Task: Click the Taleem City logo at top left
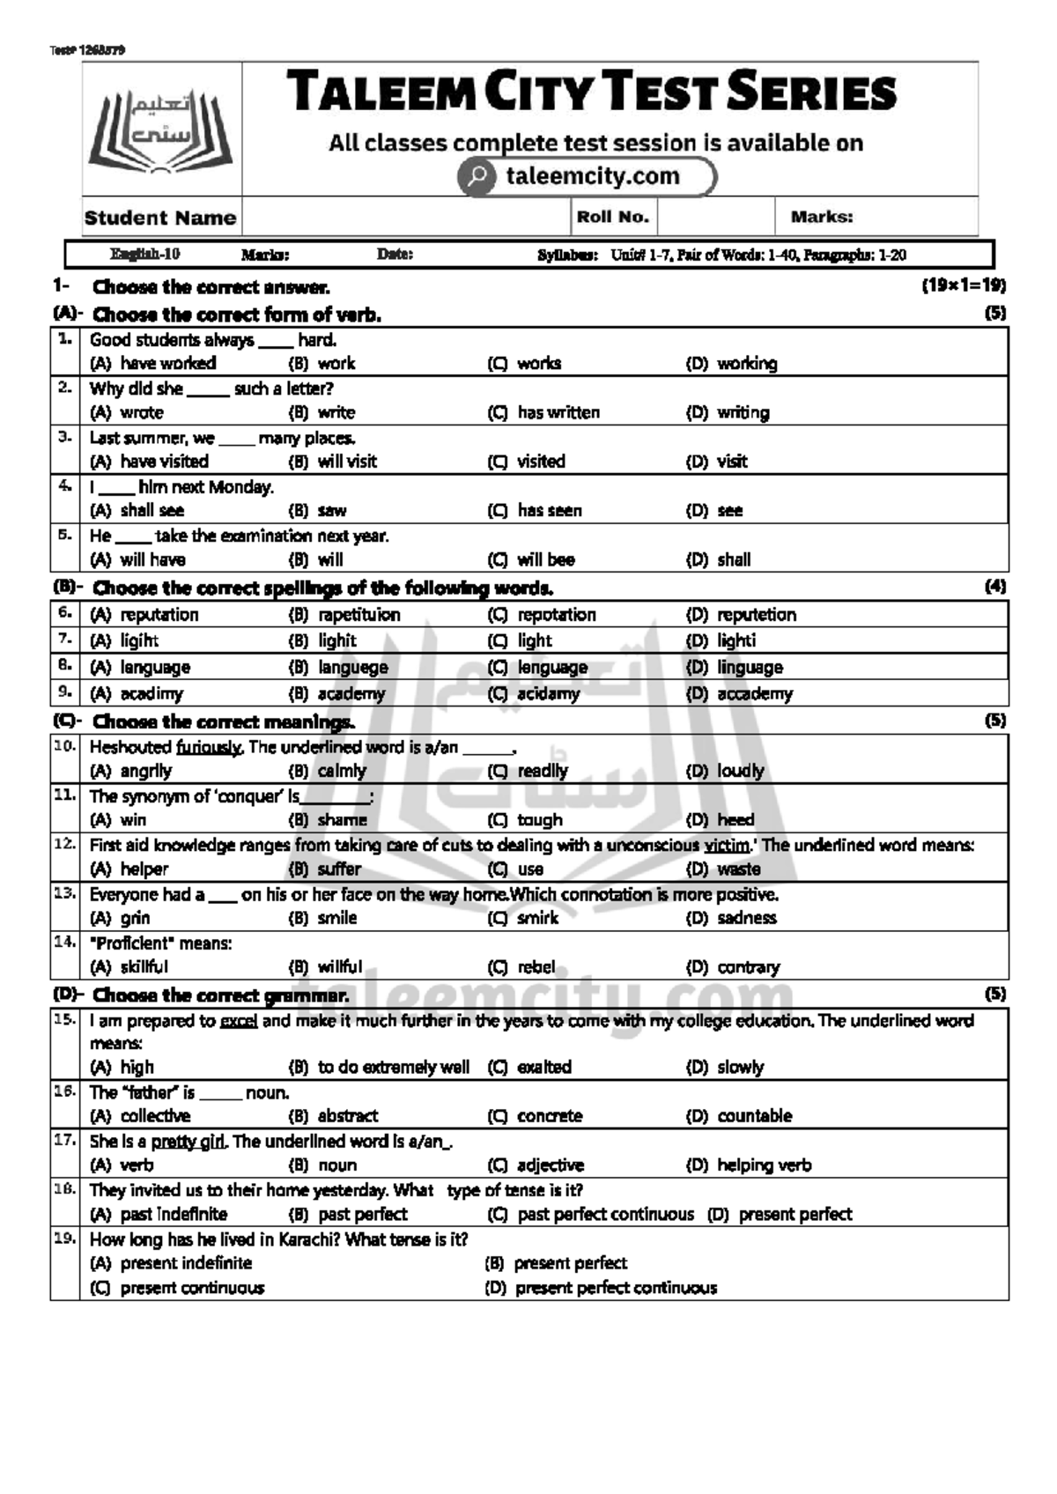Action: click(160, 130)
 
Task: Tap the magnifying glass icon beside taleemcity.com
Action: click(477, 176)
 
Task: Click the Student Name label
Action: click(160, 218)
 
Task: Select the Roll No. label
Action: click(613, 217)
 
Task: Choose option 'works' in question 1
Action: click(539, 363)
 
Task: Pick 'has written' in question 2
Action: click(558, 412)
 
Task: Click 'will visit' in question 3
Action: click(347, 461)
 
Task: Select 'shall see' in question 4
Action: click(152, 510)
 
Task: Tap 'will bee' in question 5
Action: click(545, 559)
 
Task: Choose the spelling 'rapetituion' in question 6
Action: click(358, 614)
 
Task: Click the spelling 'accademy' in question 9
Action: click(755, 693)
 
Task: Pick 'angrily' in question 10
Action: click(146, 771)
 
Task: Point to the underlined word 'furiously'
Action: click(208, 747)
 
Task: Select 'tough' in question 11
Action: click(539, 820)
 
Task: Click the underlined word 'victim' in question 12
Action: click(726, 845)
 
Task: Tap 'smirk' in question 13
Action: click(537, 918)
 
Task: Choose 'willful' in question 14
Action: click(340, 966)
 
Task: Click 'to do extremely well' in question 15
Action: click(394, 1067)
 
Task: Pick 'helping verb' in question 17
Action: click(764, 1165)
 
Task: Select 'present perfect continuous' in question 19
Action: click(616, 1288)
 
